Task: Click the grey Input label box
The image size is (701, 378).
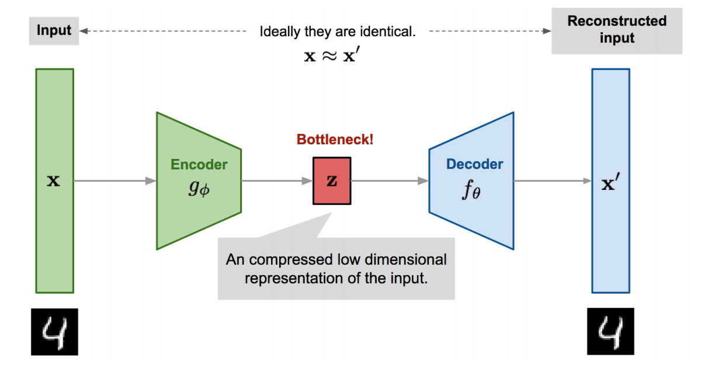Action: [x=54, y=30]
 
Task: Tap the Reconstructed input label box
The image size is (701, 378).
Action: [x=616, y=30]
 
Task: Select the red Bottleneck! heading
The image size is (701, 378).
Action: [x=335, y=140]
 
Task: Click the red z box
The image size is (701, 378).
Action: [x=332, y=181]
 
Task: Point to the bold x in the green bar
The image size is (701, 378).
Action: [x=53, y=181]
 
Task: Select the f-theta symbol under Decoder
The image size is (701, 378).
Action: [x=471, y=191]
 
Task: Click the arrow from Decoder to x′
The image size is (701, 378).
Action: [x=553, y=181]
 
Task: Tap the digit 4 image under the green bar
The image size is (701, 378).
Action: [x=54, y=332]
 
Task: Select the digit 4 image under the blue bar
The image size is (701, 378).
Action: [x=610, y=332]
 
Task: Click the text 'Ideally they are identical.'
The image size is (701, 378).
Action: [x=338, y=32]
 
